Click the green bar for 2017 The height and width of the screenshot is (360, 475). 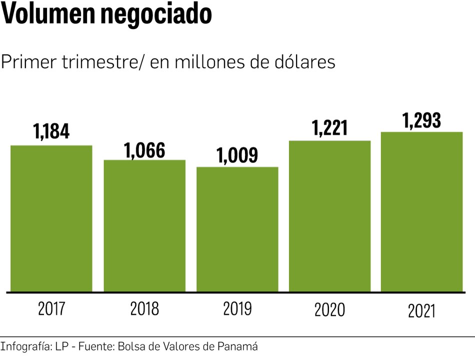pos(51,218)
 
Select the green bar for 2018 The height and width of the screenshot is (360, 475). pos(144,225)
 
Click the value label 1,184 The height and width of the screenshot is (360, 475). pos(51,131)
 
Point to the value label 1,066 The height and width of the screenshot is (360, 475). pos(144,150)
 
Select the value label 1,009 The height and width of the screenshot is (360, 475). pos(237,155)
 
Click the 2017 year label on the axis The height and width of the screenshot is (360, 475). pos(51,309)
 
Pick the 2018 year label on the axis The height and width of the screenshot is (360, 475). pos(144,309)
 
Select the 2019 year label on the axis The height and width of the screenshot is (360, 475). pos(237,309)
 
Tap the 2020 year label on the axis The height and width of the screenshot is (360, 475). pos(330,310)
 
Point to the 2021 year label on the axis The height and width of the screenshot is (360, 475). pos(422,311)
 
